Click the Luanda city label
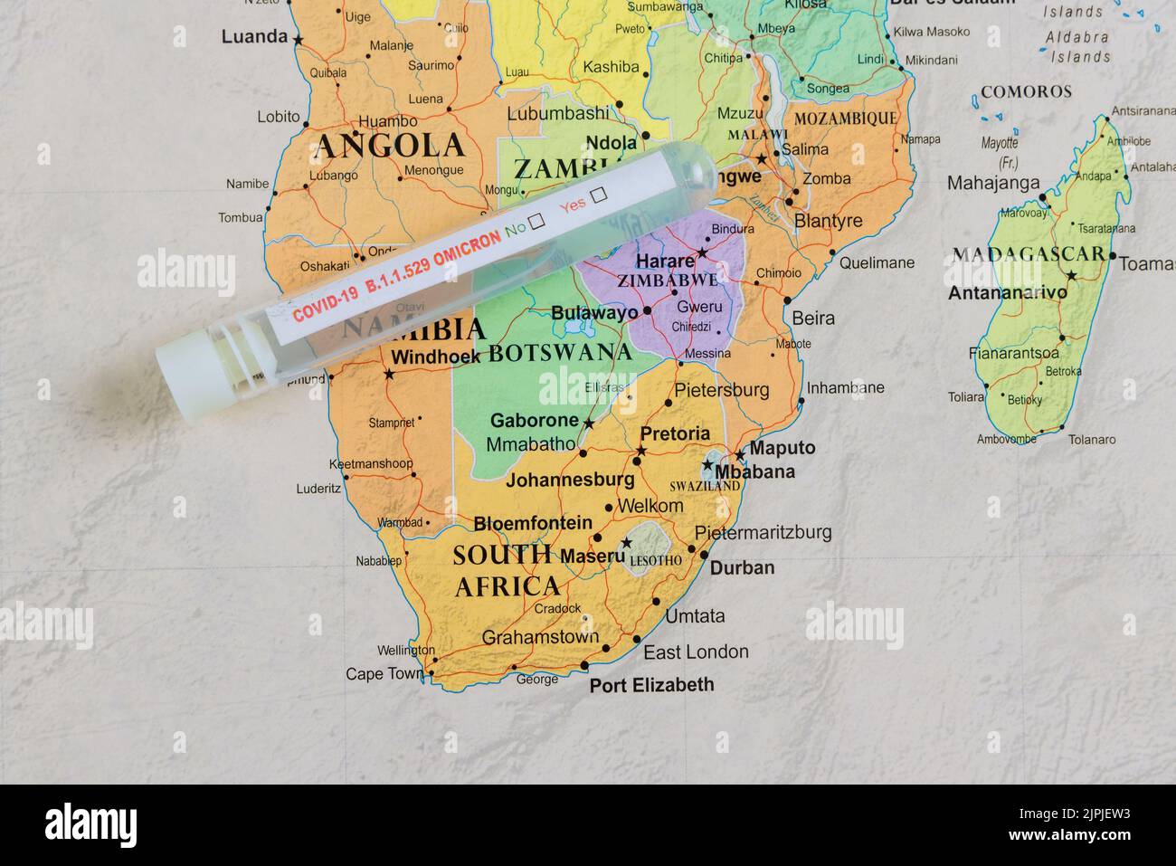[254, 37]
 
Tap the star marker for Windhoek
[389, 374]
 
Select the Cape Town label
[384, 674]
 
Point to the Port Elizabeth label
[651, 685]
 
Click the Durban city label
[742, 568]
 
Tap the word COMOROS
[1026, 91]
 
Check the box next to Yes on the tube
[597, 195]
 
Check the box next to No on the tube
[537, 221]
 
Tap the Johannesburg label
[569, 480]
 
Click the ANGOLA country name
[390, 145]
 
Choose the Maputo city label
[782, 448]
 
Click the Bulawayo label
[594, 313]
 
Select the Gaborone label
[534, 420]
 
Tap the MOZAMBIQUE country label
[845, 119]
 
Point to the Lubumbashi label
[557, 114]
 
